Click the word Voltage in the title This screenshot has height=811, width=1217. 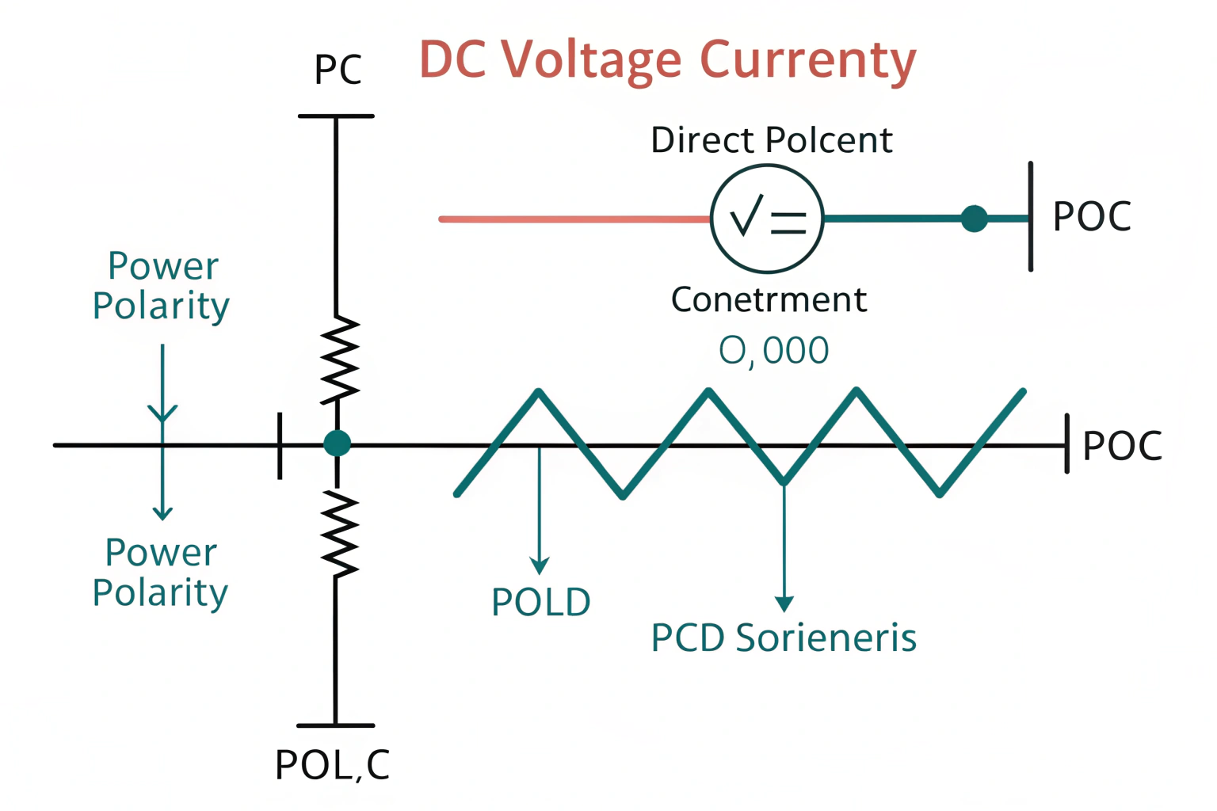point(591,60)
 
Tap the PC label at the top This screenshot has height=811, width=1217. point(338,70)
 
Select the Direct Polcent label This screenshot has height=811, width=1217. point(771,140)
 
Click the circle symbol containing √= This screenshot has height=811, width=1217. point(767,219)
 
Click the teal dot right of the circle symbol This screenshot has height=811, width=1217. point(974,218)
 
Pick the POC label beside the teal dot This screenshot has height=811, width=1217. point(1092,216)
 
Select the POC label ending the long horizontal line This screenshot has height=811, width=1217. point(1122,446)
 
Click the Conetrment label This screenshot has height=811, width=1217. point(769,300)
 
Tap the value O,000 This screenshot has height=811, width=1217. point(773,351)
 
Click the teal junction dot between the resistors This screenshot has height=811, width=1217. point(337,443)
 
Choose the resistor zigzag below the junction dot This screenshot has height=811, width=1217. point(339,533)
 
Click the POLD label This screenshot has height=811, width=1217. point(541,603)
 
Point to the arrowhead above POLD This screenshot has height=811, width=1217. point(540,565)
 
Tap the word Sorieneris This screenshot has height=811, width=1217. point(826,638)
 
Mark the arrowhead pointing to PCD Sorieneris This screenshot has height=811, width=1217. point(784,603)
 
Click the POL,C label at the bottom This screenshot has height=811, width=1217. point(333,765)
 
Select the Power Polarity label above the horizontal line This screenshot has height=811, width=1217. point(162,286)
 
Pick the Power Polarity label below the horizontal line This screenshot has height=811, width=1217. point(161,573)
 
